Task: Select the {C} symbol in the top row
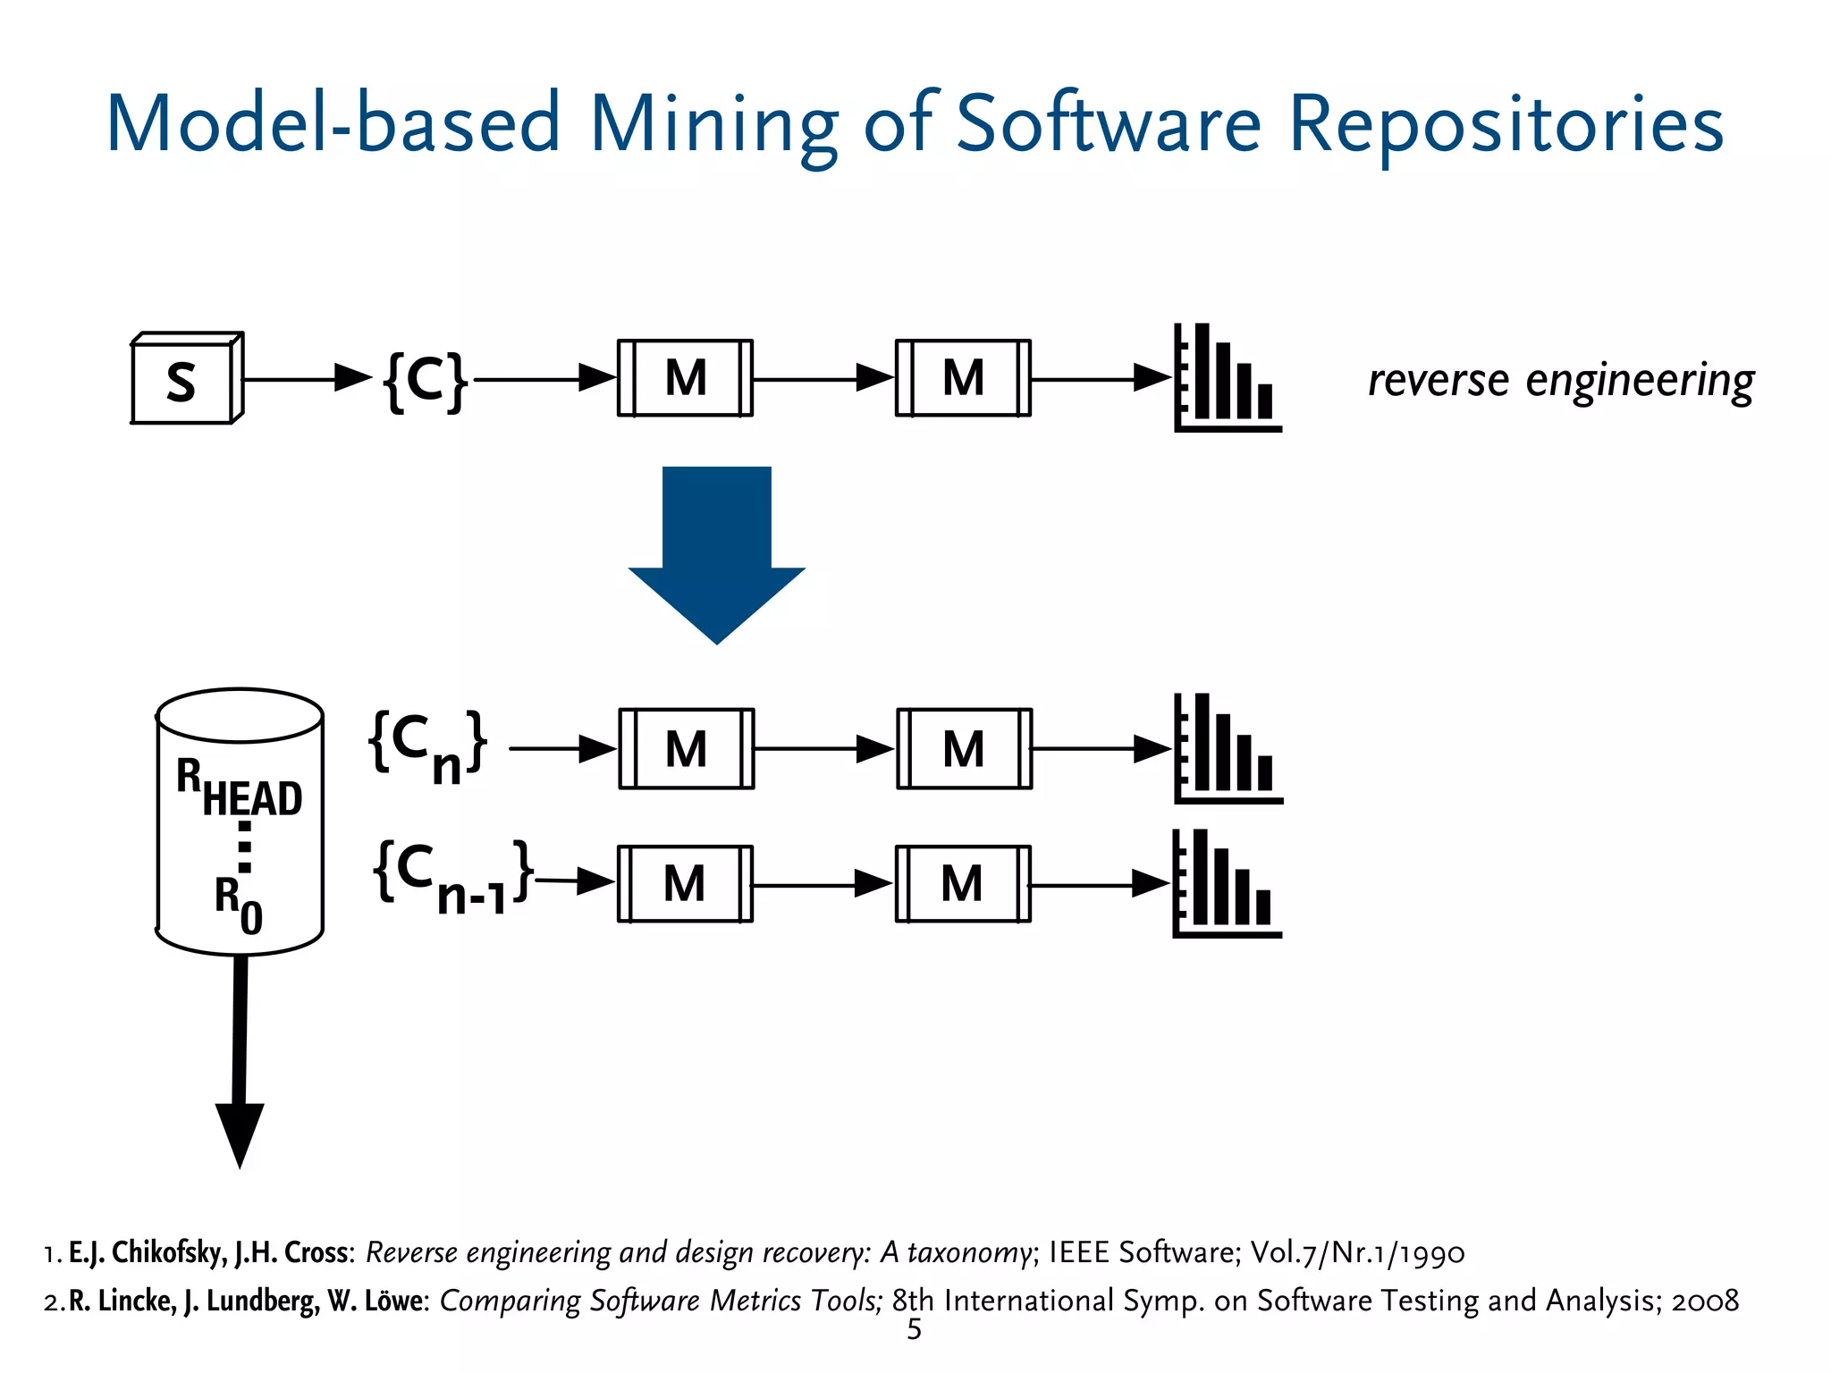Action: click(426, 381)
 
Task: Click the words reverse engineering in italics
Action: click(1560, 381)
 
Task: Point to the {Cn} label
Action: click(428, 745)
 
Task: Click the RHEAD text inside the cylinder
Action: click(240, 788)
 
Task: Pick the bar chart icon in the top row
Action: click(1227, 379)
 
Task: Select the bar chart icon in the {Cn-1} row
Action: click(1226, 884)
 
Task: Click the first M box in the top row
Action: click(686, 378)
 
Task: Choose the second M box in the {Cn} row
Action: click(964, 749)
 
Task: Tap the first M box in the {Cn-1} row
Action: click(685, 884)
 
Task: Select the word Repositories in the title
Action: click(1506, 125)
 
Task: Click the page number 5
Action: click(914, 1330)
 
